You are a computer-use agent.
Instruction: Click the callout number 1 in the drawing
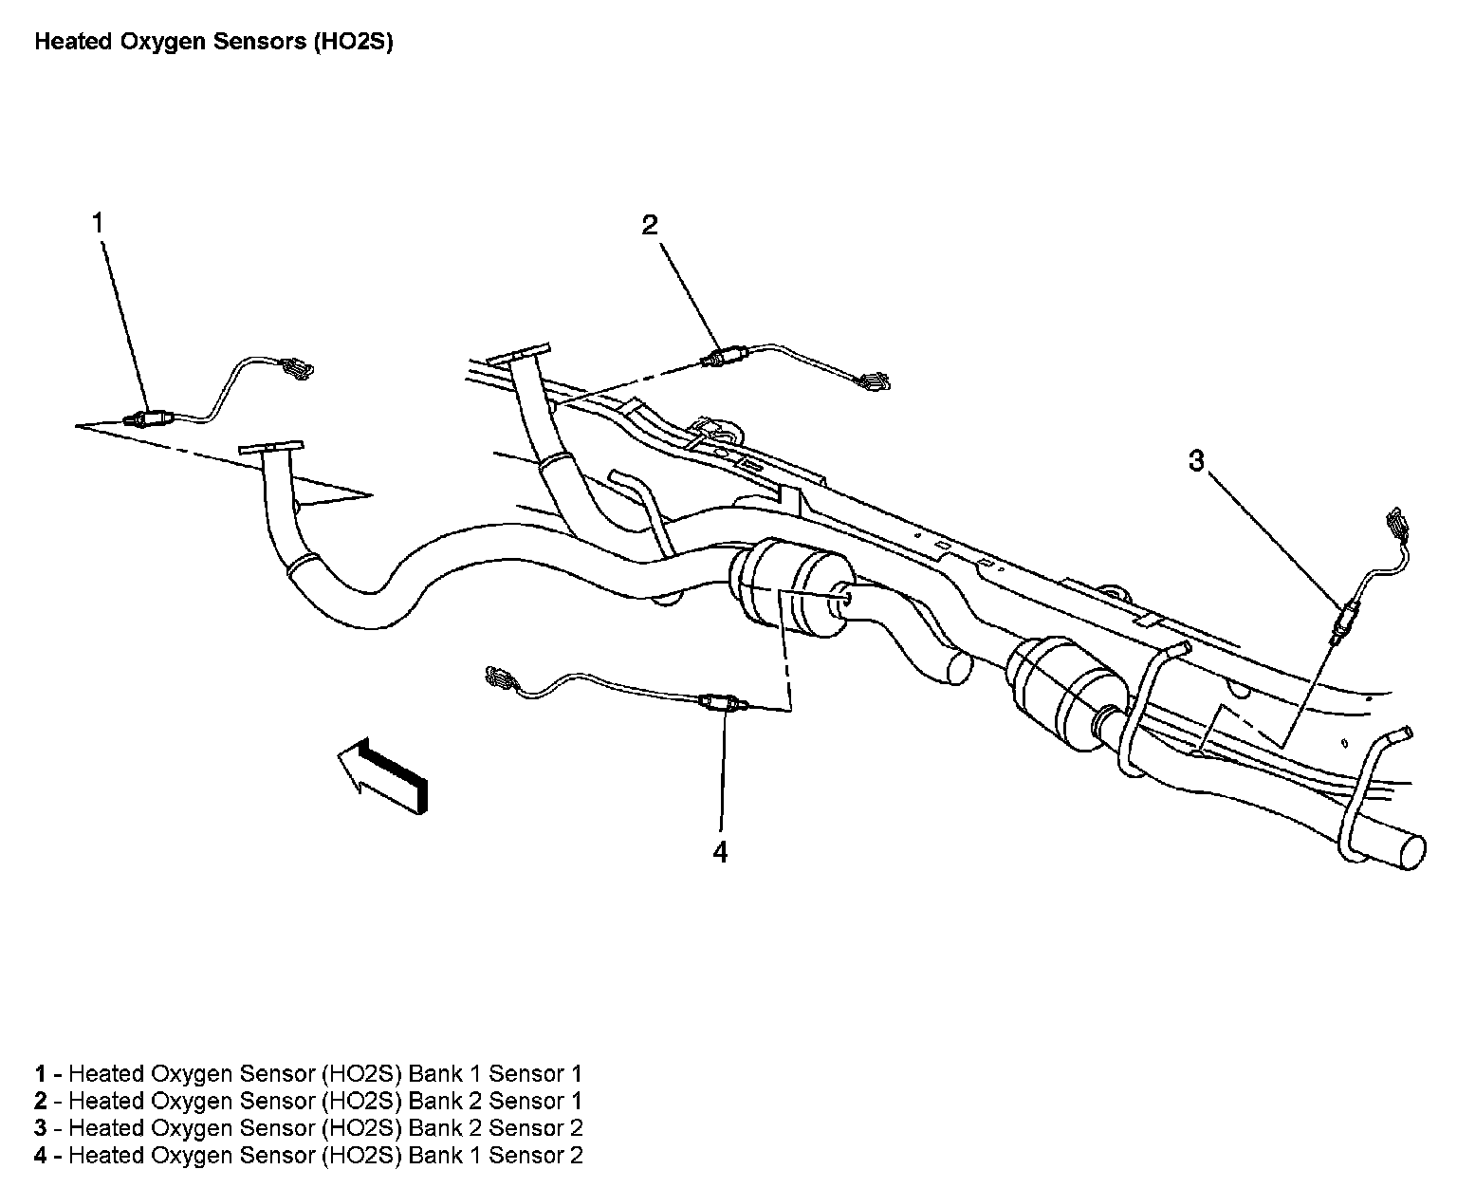97,223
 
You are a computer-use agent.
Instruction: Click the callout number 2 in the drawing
649,225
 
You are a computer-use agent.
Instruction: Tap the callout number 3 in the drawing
1196,461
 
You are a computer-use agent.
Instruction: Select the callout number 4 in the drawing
720,852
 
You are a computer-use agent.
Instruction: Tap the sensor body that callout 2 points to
726,358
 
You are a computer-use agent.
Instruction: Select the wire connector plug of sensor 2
872,381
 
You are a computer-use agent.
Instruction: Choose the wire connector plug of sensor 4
500,678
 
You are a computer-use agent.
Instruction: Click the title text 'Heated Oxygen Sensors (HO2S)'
213,43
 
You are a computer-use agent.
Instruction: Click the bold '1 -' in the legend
47,1073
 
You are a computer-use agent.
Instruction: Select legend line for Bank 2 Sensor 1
308,1101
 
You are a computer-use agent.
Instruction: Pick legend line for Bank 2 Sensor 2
308,1128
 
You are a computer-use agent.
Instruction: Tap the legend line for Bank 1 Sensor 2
308,1156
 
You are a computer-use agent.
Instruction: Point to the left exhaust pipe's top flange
270,447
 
